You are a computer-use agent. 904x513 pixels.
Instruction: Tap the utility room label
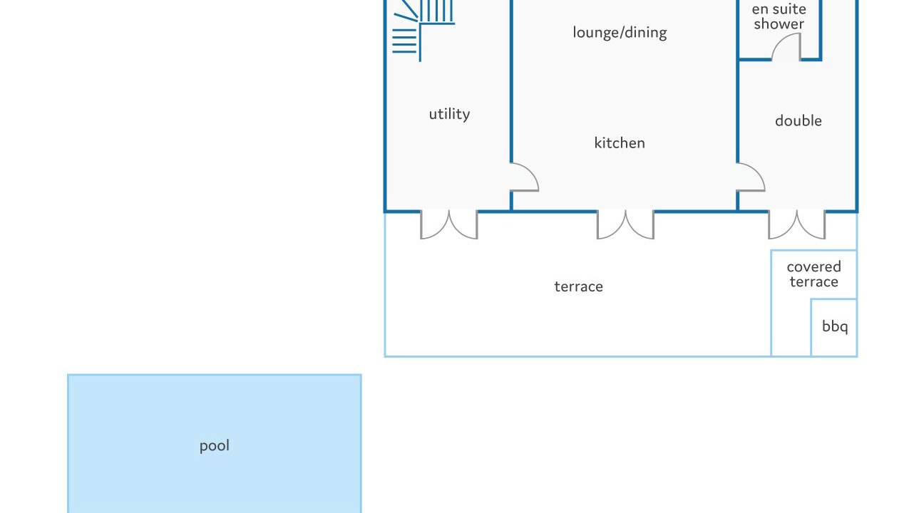tap(449, 114)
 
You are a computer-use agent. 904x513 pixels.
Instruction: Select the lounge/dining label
tap(620, 33)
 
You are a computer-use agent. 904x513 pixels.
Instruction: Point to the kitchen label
tap(620, 143)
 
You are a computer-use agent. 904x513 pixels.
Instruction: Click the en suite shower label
tap(779, 16)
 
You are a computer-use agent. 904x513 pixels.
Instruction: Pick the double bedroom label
tap(798, 121)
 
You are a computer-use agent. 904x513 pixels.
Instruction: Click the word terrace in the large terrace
tap(578, 286)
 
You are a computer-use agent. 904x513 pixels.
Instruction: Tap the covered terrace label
tap(813, 274)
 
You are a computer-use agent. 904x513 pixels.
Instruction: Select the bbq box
tap(834, 327)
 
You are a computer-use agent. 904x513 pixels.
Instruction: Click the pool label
tap(214, 446)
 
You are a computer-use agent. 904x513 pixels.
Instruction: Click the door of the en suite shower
tap(786, 48)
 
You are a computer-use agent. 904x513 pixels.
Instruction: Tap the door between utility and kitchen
tap(524, 178)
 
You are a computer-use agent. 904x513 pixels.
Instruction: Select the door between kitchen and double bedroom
tap(751, 178)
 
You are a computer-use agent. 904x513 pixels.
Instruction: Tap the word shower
tap(779, 24)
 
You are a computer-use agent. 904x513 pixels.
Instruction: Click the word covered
tap(813, 267)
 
